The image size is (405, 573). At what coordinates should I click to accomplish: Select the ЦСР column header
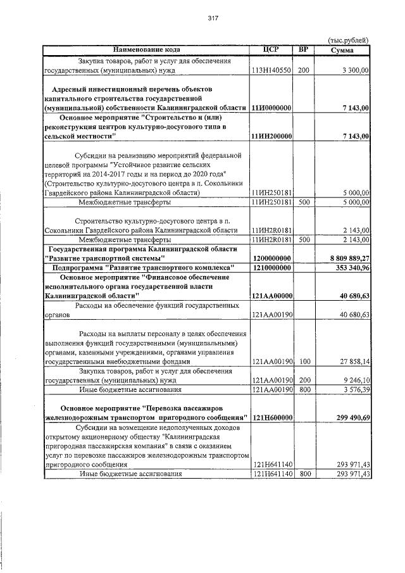pyautogui.click(x=271, y=49)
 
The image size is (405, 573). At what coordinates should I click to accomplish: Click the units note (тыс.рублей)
pyautogui.click(x=347, y=40)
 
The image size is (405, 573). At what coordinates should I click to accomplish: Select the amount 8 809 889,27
pyautogui.click(x=344, y=258)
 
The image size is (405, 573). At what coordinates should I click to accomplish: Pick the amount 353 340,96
pyautogui.click(x=349, y=268)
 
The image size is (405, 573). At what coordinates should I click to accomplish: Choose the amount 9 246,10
pyautogui.click(x=355, y=380)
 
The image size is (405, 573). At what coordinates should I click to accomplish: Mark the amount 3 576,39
pyautogui.click(x=355, y=389)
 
